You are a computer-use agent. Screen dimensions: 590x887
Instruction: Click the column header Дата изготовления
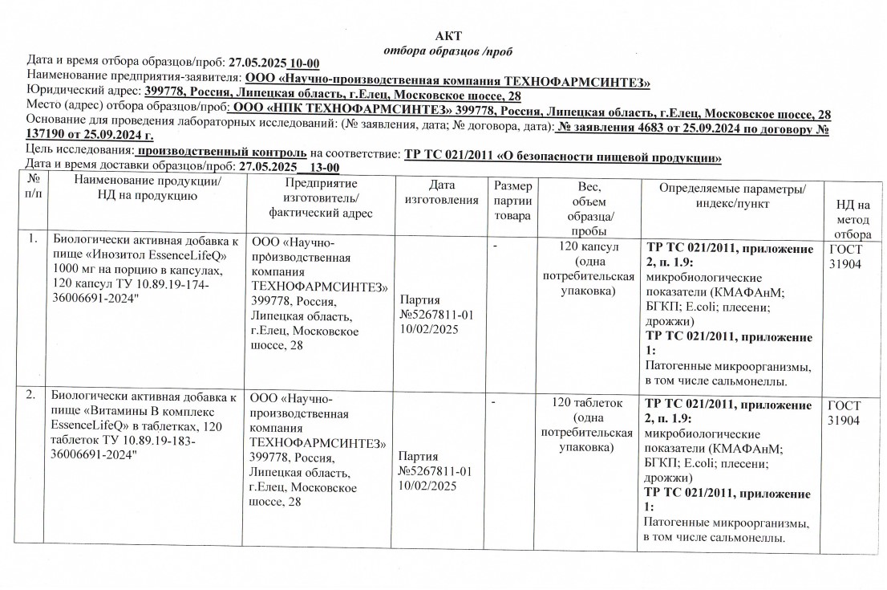[x=442, y=193]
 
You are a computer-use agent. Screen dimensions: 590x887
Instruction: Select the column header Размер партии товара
[x=512, y=201]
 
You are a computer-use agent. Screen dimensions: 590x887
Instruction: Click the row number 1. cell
[x=32, y=239]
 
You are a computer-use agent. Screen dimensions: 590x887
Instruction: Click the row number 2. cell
[x=30, y=396]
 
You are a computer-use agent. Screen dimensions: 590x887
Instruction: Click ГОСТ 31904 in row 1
[x=845, y=256]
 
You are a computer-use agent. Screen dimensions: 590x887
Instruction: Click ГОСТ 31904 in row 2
[x=845, y=413]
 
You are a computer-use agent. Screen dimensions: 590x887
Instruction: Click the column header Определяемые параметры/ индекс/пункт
[x=731, y=195]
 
